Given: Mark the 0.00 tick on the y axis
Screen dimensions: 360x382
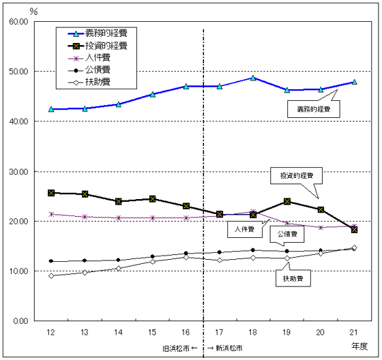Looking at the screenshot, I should point(18,321).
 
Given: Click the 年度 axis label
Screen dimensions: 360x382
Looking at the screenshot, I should point(359,346).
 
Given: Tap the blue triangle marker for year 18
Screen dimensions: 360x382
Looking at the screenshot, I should point(253,78).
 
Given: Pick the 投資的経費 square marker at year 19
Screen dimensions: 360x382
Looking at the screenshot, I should point(286,201).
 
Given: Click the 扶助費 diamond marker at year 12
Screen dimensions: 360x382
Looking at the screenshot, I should point(51,275).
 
